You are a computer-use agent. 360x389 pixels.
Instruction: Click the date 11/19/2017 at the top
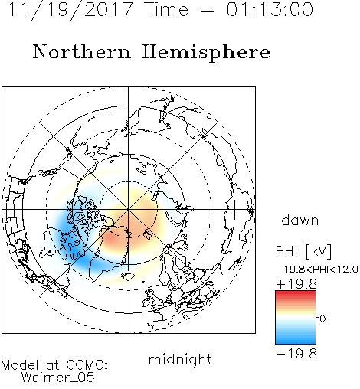coord(70,10)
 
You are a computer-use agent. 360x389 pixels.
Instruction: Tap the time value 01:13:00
coord(270,9)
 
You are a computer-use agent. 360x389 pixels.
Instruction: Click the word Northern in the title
coord(82,51)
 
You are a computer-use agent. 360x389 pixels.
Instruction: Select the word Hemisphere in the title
coord(206,53)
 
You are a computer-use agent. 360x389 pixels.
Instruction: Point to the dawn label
coord(300,220)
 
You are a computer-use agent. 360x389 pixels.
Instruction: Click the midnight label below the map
coord(180,359)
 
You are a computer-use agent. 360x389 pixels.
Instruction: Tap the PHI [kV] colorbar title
coord(303,251)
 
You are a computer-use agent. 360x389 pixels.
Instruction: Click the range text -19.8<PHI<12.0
coord(317,270)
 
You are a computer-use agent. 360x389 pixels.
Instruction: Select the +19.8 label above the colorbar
coord(296,284)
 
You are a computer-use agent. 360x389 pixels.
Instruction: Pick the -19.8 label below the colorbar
coord(296,354)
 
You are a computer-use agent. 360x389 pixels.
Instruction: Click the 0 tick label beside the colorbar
coord(322,319)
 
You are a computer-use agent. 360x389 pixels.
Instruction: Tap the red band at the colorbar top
coord(296,295)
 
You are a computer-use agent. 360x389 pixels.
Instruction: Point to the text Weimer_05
coord(58,378)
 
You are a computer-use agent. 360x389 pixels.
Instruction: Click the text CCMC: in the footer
coord(87,365)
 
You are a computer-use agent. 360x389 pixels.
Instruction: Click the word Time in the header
coord(166,9)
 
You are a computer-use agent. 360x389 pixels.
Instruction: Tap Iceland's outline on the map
coord(128,276)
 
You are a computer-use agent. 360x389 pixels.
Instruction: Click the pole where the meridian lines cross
coord(129,209)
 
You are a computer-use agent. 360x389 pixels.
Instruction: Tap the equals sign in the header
coord(208,10)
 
